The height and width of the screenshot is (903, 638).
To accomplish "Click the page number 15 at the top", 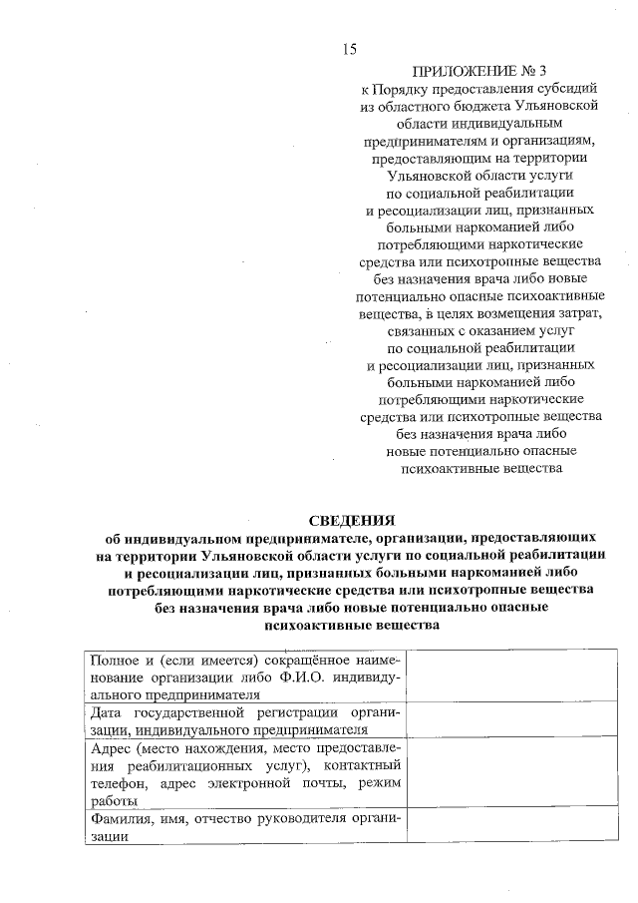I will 349,49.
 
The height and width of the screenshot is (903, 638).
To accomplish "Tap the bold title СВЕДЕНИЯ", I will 350,520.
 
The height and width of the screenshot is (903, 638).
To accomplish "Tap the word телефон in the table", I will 116,783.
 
